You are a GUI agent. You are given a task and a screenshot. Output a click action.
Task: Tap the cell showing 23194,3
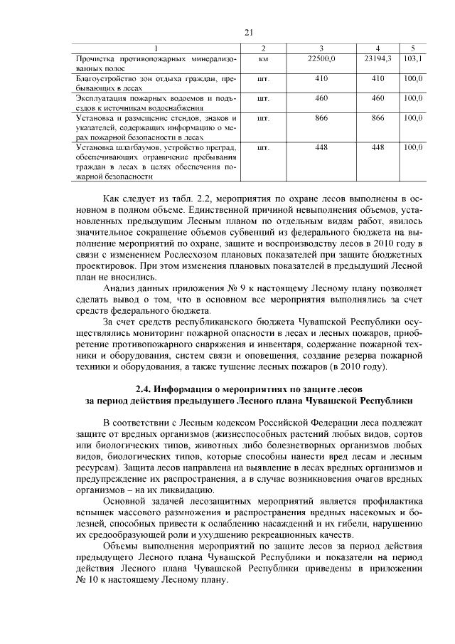tap(377, 58)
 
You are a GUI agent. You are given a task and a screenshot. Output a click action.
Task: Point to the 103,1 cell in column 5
tap(412, 58)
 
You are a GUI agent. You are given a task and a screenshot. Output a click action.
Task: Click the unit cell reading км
tap(263, 58)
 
